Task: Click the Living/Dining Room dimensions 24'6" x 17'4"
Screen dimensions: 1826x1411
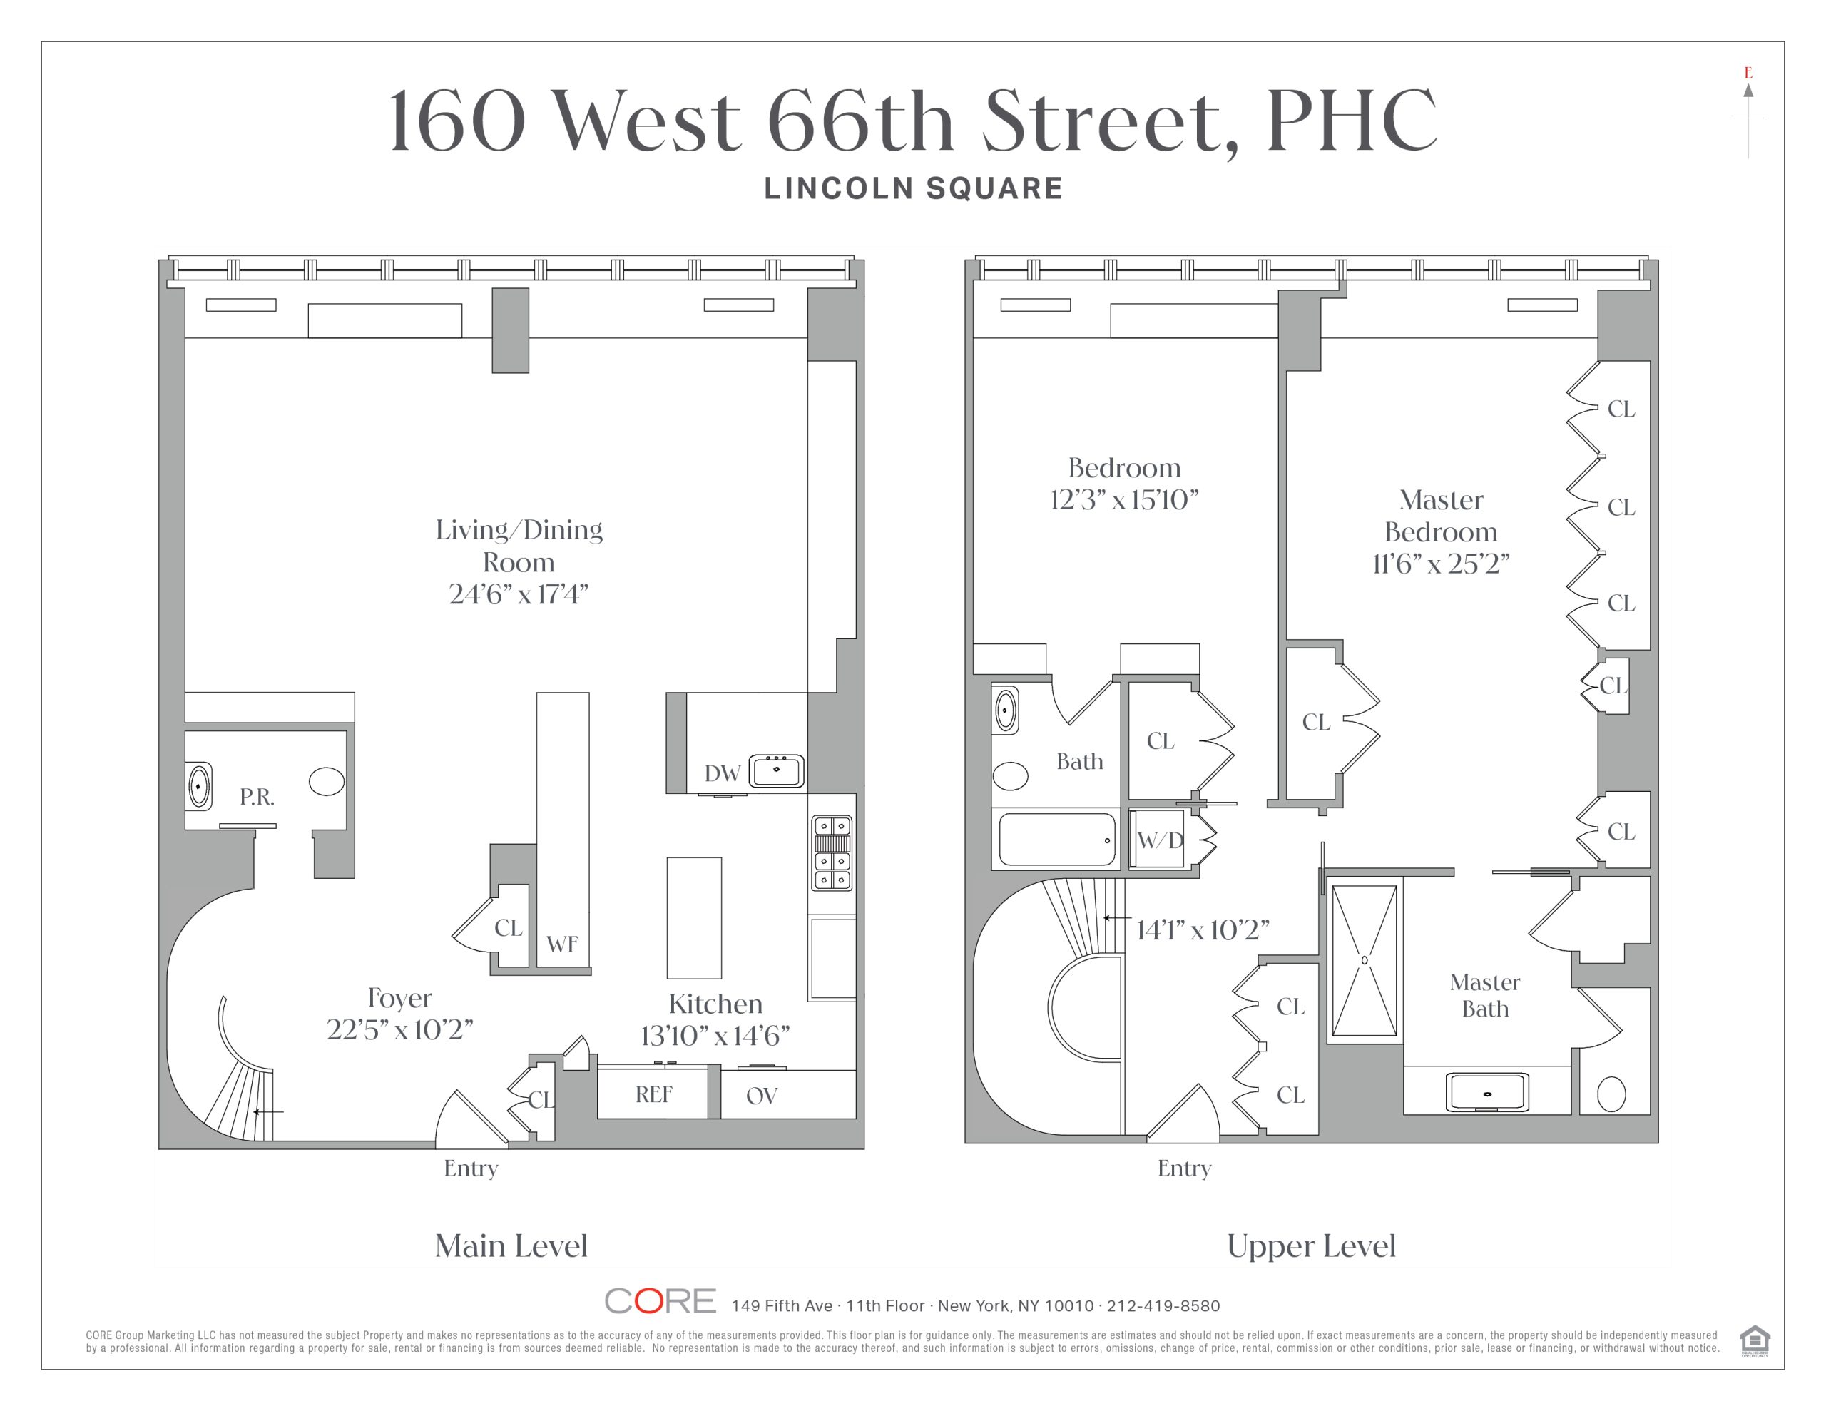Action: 519,594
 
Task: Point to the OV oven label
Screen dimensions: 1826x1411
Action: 762,1096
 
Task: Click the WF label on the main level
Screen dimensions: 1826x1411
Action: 562,944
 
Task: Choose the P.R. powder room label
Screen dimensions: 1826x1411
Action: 257,797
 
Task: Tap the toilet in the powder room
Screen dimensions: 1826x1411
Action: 326,781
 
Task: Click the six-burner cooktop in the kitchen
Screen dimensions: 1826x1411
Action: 832,852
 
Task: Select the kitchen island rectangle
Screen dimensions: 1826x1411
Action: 694,917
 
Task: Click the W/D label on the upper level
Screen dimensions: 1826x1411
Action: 1161,840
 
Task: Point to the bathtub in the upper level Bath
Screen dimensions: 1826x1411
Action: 1058,839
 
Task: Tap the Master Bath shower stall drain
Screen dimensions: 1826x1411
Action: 1365,960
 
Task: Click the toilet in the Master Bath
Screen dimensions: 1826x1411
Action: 1611,1093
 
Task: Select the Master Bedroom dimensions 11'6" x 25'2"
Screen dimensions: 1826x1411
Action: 1441,564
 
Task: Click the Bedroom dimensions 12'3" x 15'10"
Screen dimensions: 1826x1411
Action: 1123,499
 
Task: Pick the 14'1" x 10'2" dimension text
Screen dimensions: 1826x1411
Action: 1203,930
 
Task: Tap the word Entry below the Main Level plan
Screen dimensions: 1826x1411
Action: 471,1168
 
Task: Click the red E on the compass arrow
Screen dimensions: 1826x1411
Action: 1748,73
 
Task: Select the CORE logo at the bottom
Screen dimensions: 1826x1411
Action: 660,1300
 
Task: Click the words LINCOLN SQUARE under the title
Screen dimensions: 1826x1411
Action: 913,188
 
